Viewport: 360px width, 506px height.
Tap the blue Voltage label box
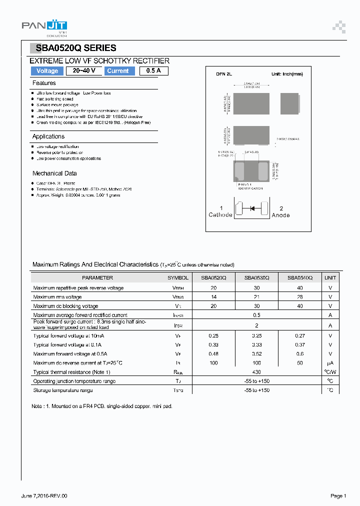[x=47, y=71]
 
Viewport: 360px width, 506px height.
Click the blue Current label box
[x=118, y=71]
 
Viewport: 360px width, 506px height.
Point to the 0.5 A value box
[x=153, y=71]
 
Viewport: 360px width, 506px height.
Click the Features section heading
[x=44, y=83]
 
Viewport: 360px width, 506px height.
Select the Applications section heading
[x=48, y=136]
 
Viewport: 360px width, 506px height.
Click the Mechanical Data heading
[x=54, y=173]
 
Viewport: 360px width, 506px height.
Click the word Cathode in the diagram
[x=220, y=215]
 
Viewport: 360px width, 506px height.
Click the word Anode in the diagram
[x=280, y=215]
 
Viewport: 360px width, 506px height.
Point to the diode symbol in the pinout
[x=252, y=208]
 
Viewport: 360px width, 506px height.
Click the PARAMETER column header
[x=97, y=277]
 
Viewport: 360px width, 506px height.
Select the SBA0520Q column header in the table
[x=213, y=277]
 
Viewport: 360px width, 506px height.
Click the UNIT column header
[x=330, y=277]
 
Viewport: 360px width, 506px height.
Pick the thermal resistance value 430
[x=256, y=372]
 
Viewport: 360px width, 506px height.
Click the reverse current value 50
[x=299, y=363]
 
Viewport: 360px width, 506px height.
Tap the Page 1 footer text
[x=338, y=495]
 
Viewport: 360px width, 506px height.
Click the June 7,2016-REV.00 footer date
[x=44, y=495]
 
